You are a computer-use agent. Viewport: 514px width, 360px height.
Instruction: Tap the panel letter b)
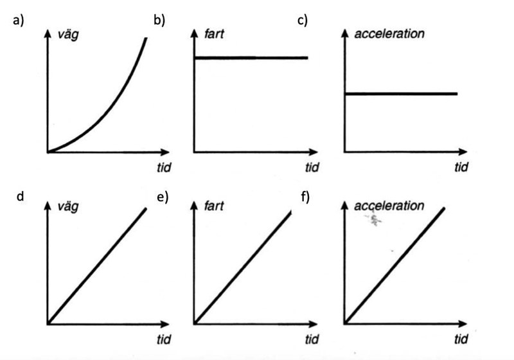[x=159, y=20]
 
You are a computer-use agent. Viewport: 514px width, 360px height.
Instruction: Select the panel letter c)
[x=302, y=20]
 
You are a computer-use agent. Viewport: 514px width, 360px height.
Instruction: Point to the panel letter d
[x=20, y=196]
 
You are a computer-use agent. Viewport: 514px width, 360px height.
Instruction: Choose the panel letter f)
[x=305, y=196]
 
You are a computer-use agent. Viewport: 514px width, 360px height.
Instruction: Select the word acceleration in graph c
[x=389, y=33]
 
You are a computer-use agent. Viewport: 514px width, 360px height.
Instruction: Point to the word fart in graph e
[x=215, y=206]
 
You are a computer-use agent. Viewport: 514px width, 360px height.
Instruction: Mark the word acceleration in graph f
[x=389, y=206]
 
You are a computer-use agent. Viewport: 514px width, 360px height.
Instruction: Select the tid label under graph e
[x=312, y=339]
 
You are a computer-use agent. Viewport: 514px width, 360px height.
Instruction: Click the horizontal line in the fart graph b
[x=251, y=58]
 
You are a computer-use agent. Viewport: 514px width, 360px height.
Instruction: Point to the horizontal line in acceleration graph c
[x=401, y=94]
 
